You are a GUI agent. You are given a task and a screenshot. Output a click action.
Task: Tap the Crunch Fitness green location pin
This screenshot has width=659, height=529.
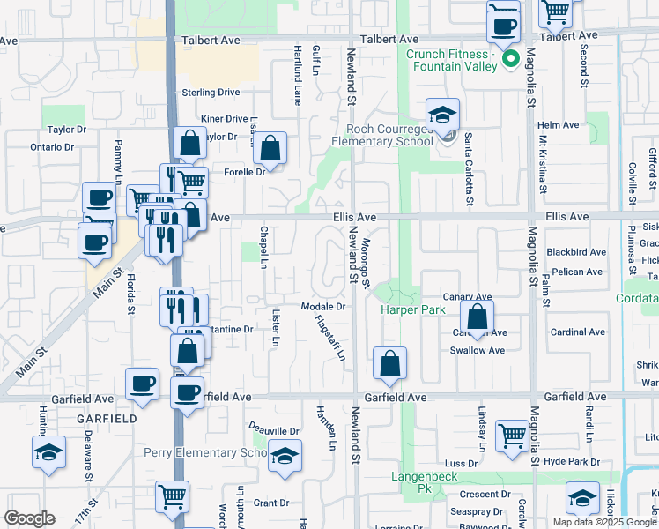509,60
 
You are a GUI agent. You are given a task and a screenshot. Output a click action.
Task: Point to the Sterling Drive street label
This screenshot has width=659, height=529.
211,92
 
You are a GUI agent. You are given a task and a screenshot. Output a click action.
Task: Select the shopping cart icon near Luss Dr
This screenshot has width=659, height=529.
512,435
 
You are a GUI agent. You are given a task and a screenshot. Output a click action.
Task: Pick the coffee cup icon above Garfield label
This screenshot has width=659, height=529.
142,384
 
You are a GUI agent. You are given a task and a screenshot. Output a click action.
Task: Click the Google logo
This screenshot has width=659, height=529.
29,518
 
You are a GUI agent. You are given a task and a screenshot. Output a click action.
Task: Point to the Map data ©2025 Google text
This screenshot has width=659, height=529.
605,522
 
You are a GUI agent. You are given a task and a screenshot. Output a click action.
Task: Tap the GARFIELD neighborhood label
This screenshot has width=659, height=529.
107,419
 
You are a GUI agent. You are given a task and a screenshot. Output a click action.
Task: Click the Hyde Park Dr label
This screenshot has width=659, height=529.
571,462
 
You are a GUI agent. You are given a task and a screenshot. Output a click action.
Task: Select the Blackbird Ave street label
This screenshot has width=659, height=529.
576,252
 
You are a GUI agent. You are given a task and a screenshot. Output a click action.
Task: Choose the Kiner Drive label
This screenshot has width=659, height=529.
224,118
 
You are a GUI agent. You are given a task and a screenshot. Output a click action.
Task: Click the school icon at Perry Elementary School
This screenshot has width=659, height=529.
284,456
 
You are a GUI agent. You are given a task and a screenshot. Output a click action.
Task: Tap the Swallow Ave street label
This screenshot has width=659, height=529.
478,350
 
